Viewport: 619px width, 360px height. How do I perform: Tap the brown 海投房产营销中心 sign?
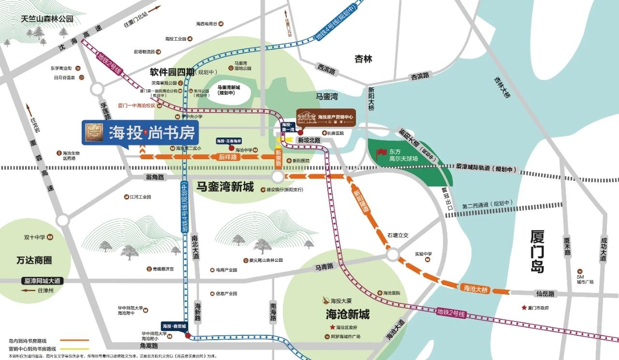pyautogui.click(x=327, y=118)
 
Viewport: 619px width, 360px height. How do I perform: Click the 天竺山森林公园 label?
pyautogui.click(x=47, y=19)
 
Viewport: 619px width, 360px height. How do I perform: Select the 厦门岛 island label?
pyautogui.click(x=537, y=252)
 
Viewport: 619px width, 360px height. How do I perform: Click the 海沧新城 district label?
pyautogui.click(x=348, y=315)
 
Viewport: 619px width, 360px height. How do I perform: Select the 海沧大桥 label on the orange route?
pyautogui.click(x=476, y=288)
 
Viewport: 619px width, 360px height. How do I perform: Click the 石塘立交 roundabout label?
pyautogui.click(x=398, y=235)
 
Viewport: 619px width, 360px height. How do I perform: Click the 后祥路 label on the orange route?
pyautogui.click(x=227, y=157)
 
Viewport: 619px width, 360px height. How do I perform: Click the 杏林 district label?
pyautogui.click(x=363, y=59)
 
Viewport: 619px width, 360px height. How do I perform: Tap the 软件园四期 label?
pyautogui.click(x=172, y=72)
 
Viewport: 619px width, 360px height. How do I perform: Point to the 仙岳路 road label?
pyautogui.click(x=545, y=293)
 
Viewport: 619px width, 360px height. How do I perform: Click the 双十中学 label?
pyautogui.click(x=34, y=238)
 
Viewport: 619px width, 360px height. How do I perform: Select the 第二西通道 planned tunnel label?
pyautogui.click(x=486, y=204)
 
